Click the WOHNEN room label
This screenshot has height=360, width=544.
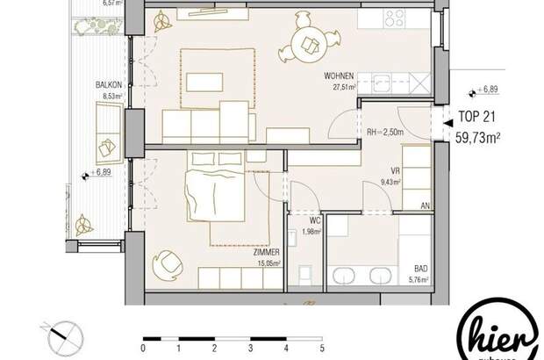coord(339,76)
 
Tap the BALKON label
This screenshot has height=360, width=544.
coord(109,85)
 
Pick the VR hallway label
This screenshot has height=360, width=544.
coord(394,173)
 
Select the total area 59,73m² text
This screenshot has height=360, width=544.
coord(478,135)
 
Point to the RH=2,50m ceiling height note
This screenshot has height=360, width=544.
coord(386,131)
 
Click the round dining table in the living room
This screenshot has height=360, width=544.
coord(308,40)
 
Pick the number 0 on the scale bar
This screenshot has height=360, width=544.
coord(144,347)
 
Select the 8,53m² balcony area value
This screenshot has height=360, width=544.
coord(109,96)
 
